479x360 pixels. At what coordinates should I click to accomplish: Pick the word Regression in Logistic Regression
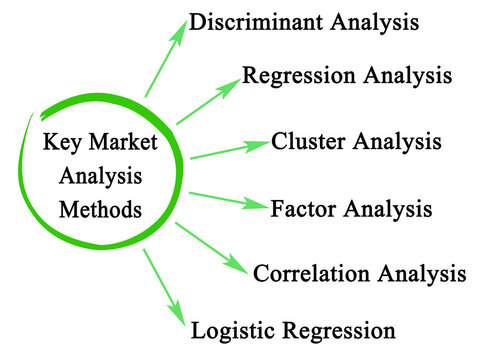click(x=337, y=329)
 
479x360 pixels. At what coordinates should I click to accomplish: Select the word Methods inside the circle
click(x=101, y=211)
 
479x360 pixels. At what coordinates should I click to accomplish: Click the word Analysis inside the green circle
click(x=101, y=177)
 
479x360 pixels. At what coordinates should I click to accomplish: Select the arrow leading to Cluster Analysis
click(x=229, y=149)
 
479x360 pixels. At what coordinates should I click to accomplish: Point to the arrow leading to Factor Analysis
click(x=228, y=200)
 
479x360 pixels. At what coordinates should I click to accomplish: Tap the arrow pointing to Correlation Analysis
click(x=211, y=247)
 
